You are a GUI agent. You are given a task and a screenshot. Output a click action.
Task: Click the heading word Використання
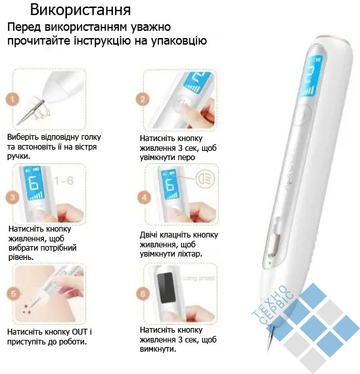pos(80,10)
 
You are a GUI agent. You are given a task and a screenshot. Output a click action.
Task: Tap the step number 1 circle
pos(12,99)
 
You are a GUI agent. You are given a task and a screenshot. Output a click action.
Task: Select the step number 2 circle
pos(143,99)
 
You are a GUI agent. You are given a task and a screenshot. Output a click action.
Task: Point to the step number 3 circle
pos(12,197)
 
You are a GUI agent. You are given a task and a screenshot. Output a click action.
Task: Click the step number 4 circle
pos(145,197)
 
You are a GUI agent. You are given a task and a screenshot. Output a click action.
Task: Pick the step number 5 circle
pos(13,293)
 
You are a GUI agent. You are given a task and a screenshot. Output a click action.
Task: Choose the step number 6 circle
pos(143,293)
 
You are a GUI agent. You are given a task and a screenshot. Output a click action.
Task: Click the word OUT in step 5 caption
pos(79,332)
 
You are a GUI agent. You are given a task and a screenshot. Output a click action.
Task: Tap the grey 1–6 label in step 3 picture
pos(64,181)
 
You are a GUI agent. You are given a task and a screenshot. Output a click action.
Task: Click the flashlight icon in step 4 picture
pos(205,178)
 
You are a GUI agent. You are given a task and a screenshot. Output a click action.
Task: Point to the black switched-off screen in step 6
pos(166,287)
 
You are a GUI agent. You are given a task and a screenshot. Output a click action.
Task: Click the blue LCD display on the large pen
pos(311,76)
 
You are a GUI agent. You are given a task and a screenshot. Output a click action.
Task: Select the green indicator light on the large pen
pos(270,262)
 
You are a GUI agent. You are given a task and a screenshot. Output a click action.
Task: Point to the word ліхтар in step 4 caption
pos(189,254)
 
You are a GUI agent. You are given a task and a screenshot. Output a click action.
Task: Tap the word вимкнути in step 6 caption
pos(158,349)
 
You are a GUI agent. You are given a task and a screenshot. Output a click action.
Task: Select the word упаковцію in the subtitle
pos(179,41)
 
